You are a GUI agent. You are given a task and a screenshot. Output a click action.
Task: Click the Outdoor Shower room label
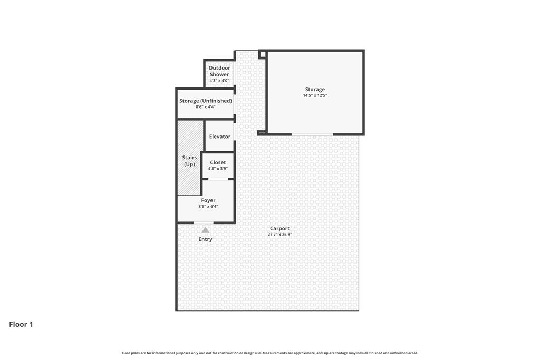click(219, 71)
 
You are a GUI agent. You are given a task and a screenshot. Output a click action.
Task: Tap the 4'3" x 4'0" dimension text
click(219, 81)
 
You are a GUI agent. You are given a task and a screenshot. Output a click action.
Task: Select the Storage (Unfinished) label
click(206, 101)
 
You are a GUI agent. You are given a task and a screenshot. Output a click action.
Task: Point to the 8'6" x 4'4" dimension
click(206, 107)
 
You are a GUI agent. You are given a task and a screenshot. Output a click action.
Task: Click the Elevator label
click(220, 137)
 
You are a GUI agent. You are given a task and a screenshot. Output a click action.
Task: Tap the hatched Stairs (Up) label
click(189, 161)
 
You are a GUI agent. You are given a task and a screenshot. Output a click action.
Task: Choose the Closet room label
click(218, 162)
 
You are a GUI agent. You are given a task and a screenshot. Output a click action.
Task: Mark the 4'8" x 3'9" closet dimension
click(218, 169)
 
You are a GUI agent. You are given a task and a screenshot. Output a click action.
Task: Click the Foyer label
click(208, 200)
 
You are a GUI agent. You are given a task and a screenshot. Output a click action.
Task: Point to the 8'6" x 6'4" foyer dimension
click(208, 207)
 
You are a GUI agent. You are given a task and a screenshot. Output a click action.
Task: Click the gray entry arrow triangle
click(205, 230)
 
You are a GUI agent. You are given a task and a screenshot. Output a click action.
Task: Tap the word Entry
click(205, 239)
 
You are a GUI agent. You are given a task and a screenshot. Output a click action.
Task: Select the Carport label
click(279, 229)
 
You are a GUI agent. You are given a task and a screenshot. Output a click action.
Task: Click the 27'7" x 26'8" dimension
click(279, 235)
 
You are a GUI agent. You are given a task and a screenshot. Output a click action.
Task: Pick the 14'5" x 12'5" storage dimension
click(315, 96)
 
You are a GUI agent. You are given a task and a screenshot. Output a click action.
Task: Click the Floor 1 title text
click(21, 324)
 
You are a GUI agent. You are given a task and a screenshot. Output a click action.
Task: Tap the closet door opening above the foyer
click(218, 179)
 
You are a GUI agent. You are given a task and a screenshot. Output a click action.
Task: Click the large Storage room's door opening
click(312, 134)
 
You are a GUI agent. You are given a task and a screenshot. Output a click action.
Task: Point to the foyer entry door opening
click(204, 223)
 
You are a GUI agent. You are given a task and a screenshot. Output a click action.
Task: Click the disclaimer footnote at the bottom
click(270, 353)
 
